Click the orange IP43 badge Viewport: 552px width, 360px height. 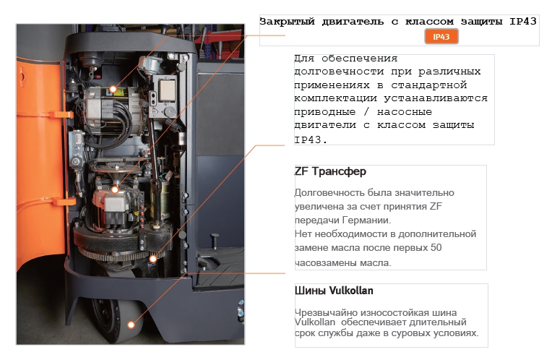pos(441,37)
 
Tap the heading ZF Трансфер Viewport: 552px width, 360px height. pos(330,171)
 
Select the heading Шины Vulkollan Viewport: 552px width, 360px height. pos(334,291)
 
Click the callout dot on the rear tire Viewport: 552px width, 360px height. pos(131,325)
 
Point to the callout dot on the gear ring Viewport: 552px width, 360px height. pos(152,259)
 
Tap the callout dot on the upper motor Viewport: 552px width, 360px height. pos(113,89)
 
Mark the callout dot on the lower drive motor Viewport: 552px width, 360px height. pos(115,190)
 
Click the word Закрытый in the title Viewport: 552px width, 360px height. pos(287,22)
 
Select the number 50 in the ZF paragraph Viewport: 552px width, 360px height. pos(436,248)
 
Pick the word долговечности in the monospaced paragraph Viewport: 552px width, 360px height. pos(339,72)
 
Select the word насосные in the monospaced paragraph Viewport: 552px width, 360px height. pos(405,112)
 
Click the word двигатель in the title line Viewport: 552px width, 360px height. pos(353,22)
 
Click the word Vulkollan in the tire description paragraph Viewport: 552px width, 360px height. pos(315,322)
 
